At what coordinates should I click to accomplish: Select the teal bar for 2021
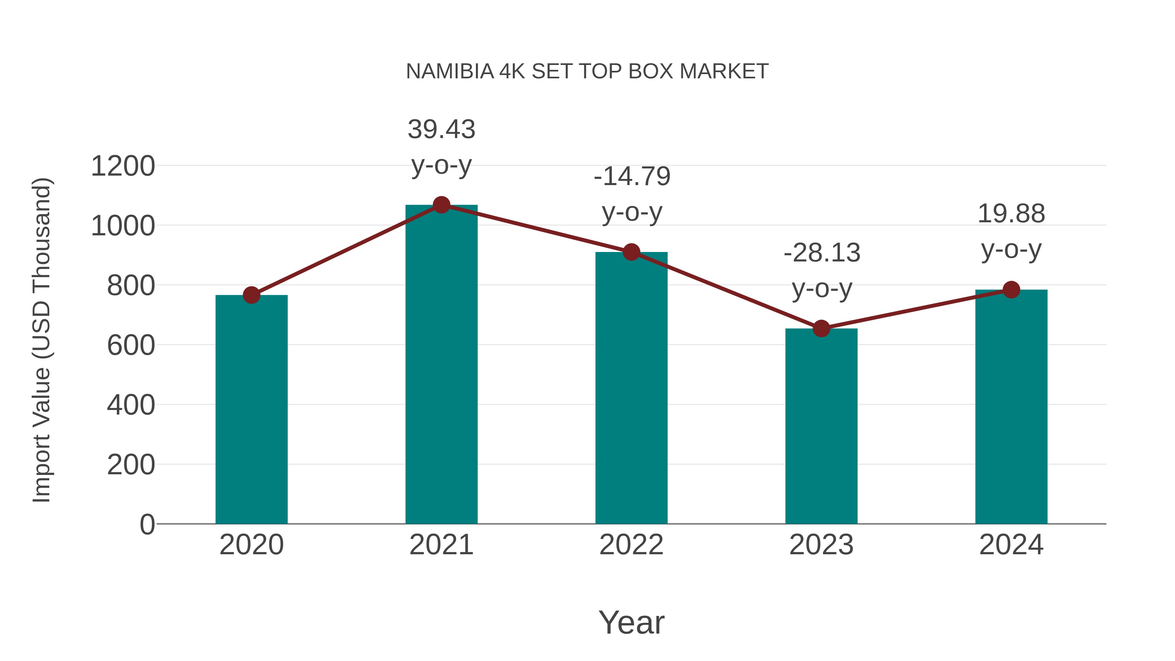pos(441,365)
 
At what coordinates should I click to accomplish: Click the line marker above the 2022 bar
pos(631,252)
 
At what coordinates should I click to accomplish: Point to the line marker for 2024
pos(1011,290)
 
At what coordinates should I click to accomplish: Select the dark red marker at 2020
pos(251,295)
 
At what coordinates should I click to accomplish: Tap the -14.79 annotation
pos(632,177)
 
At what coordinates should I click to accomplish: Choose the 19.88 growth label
pos(1011,213)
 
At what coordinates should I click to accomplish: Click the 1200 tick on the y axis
pos(123,166)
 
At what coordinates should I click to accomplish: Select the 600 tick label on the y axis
pos(131,345)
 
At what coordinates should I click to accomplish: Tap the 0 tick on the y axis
pos(147,525)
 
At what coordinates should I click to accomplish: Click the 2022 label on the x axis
pos(631,545)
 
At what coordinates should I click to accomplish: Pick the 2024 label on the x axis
pos(1011,545)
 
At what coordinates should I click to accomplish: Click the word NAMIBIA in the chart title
pos(450,71)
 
